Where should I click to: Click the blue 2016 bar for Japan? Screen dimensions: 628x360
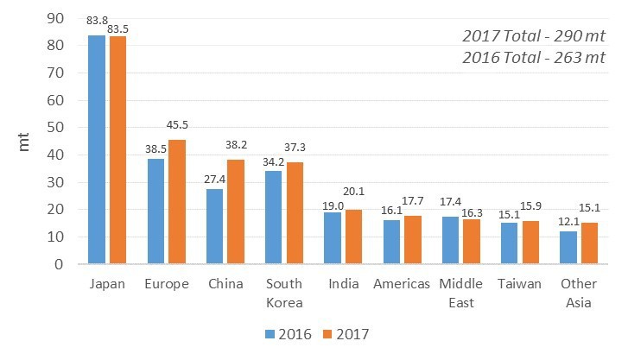[x=97, y=149]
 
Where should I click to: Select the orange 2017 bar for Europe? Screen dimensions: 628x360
[x=177, y=201]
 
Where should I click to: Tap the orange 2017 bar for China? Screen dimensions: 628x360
[x=236, y=212]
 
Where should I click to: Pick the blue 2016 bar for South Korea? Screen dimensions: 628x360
[x=273, y=217]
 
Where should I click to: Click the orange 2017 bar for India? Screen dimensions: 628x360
[x=353, y=237]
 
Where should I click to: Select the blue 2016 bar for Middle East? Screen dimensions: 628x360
[x=450, y=240]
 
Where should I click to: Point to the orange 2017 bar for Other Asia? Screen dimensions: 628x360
[x=589, y=243]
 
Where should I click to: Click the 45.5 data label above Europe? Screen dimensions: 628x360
[x=177, y=125]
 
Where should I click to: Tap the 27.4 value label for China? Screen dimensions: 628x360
[x=215, y=179]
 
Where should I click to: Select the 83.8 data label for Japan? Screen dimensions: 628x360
[x=97, y=20]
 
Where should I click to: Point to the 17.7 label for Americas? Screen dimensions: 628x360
[x=413, y=200]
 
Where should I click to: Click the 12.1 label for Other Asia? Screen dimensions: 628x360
[x=568, y=222]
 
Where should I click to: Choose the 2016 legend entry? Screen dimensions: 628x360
[x=289, y=334]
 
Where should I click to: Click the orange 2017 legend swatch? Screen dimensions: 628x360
[x=327, y=334]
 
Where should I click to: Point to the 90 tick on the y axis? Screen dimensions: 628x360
[x=55, y=18]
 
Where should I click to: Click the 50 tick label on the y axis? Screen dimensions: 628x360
[x=55, y=128]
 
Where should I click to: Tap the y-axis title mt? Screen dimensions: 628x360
[x=23, y=142]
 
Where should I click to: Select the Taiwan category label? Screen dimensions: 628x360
[x=519, y=284]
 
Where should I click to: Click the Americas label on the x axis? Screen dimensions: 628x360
[x=402, y=284]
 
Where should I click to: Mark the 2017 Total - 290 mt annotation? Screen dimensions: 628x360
[x=534, y=36]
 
